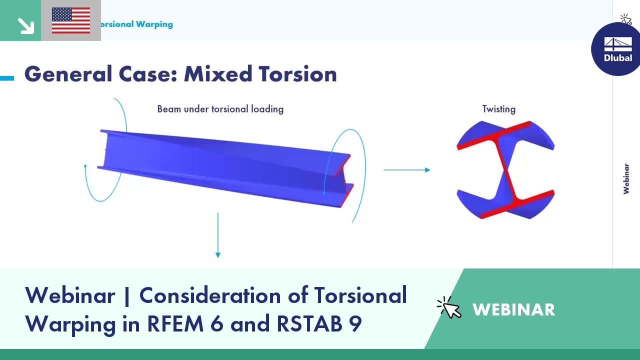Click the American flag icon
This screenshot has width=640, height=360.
(x=71, y=20)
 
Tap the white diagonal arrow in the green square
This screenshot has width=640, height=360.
(x=24, y=25)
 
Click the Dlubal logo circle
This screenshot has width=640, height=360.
(x=617, y=49)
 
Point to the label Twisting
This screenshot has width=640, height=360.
(x=498, y=109)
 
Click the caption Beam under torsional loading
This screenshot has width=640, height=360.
(x=220, y=109)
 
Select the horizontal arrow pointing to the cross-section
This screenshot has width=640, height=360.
(x=406, y=170)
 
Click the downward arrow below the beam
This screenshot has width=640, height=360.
(x=218, y=235)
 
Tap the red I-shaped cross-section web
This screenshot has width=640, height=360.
(x=505, y=170)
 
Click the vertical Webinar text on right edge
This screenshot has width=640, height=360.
(x=626, y=178)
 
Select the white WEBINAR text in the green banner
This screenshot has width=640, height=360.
(x=513, y=309)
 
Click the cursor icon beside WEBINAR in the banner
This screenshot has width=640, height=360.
(x=449, y=307)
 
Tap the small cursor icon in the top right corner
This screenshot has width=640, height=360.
(x=625, y=19)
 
